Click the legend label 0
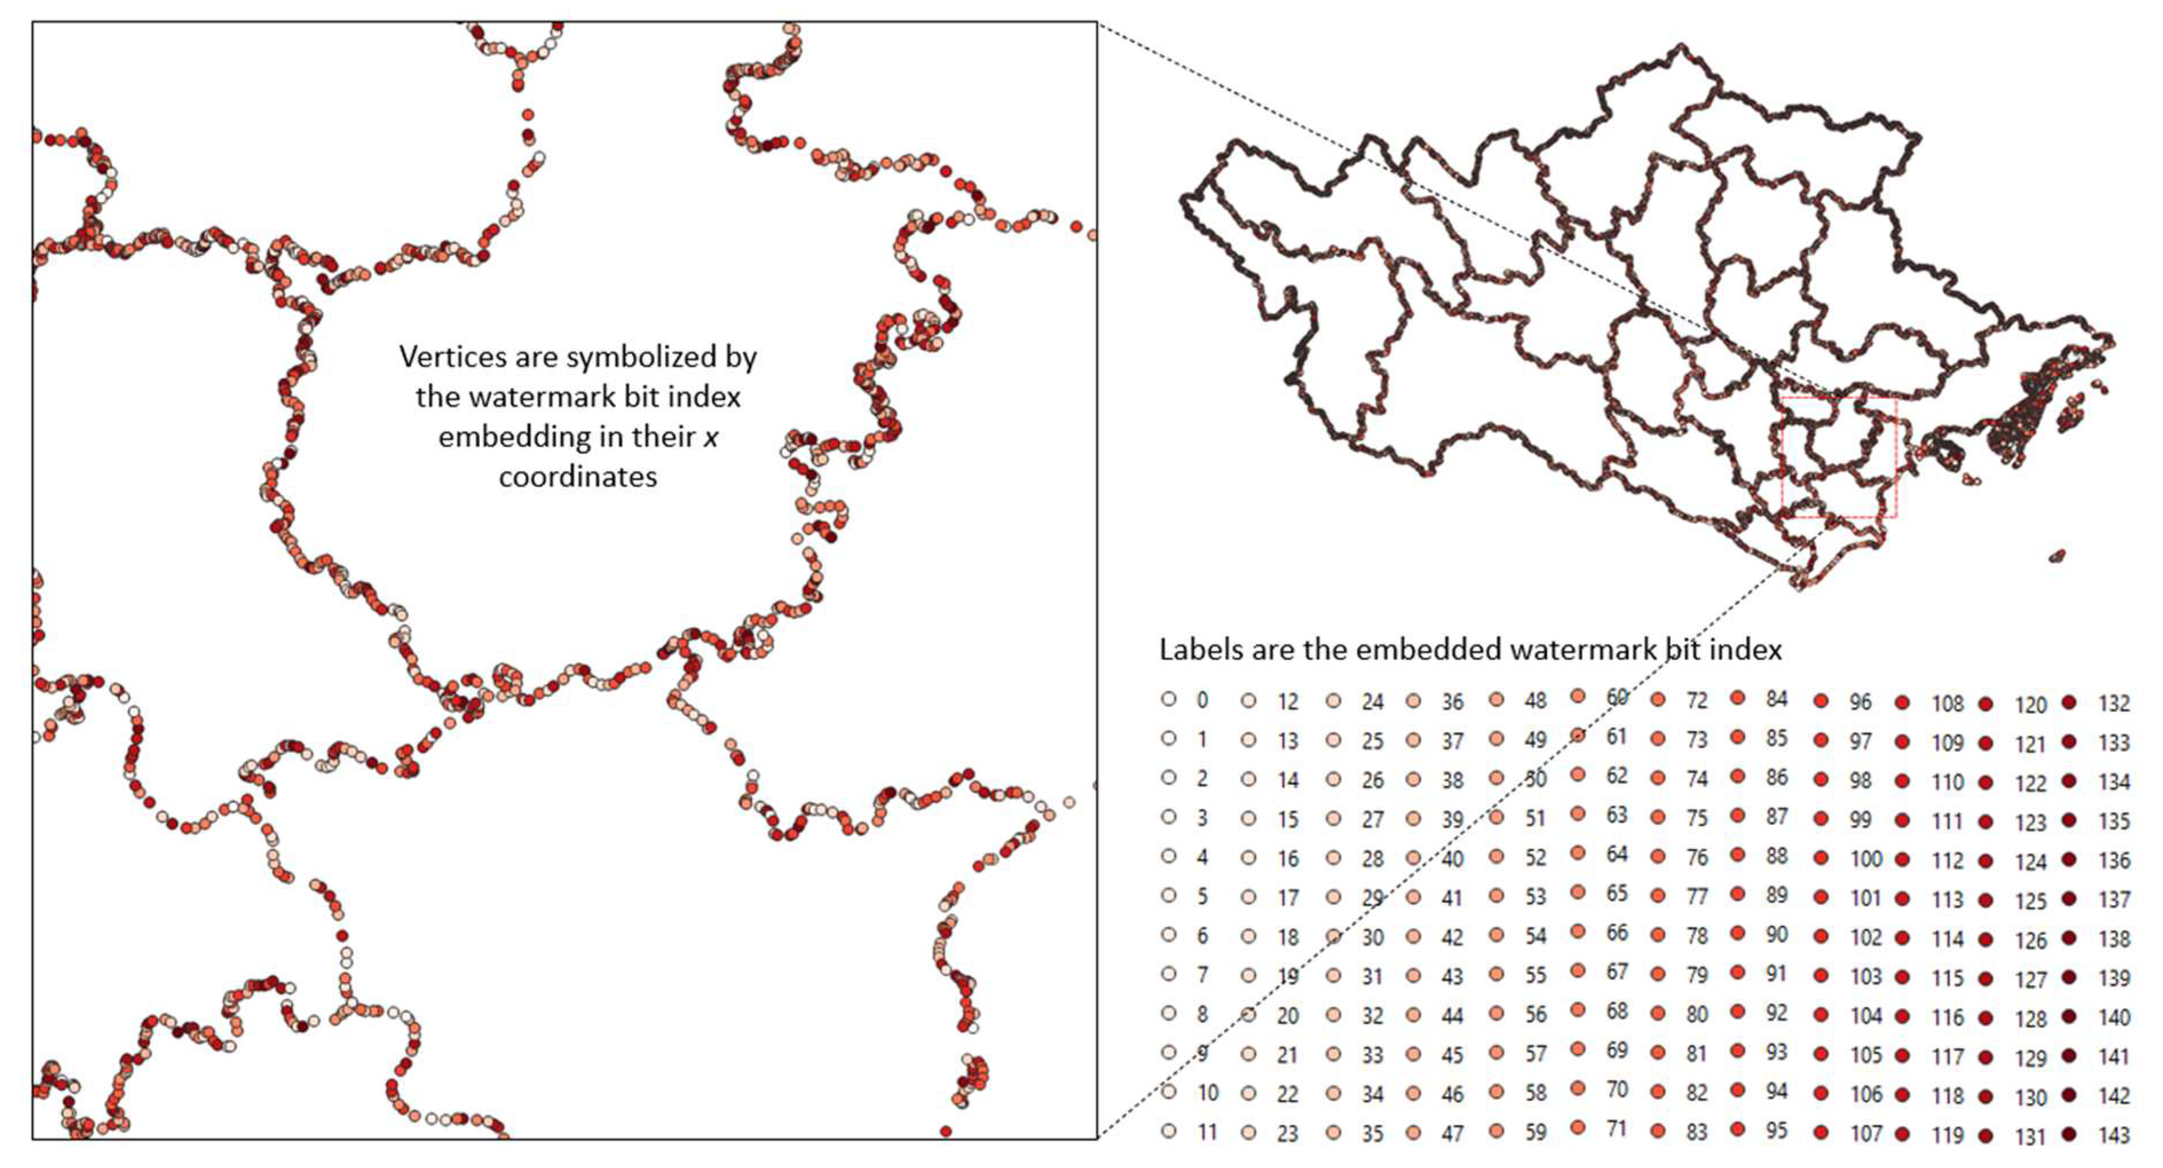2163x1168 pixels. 1203,700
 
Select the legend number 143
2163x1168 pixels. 2113,1135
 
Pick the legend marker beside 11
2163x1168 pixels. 1168,1131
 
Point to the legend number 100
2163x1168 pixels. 1866,858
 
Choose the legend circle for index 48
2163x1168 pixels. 1496,699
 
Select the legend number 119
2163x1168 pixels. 1947,1135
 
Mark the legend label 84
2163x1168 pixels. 1776,699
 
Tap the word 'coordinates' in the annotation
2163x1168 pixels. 578,477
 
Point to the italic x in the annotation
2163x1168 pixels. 710,437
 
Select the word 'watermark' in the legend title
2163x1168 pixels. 1579,649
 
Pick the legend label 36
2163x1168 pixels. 1453,701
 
